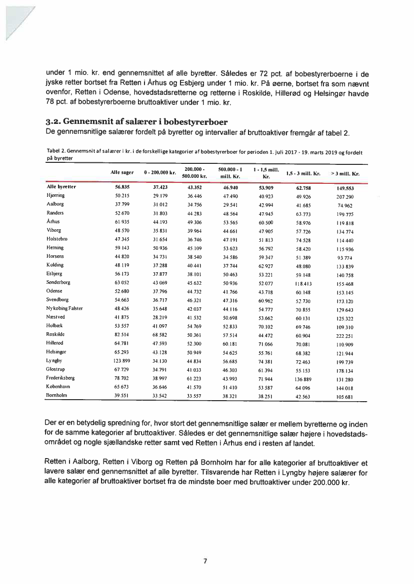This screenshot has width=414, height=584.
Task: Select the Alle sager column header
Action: (x=122, y=172)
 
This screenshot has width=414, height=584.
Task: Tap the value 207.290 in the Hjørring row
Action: (x=345, y=195)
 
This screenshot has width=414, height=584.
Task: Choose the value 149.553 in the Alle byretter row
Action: (x=345, y=188)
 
